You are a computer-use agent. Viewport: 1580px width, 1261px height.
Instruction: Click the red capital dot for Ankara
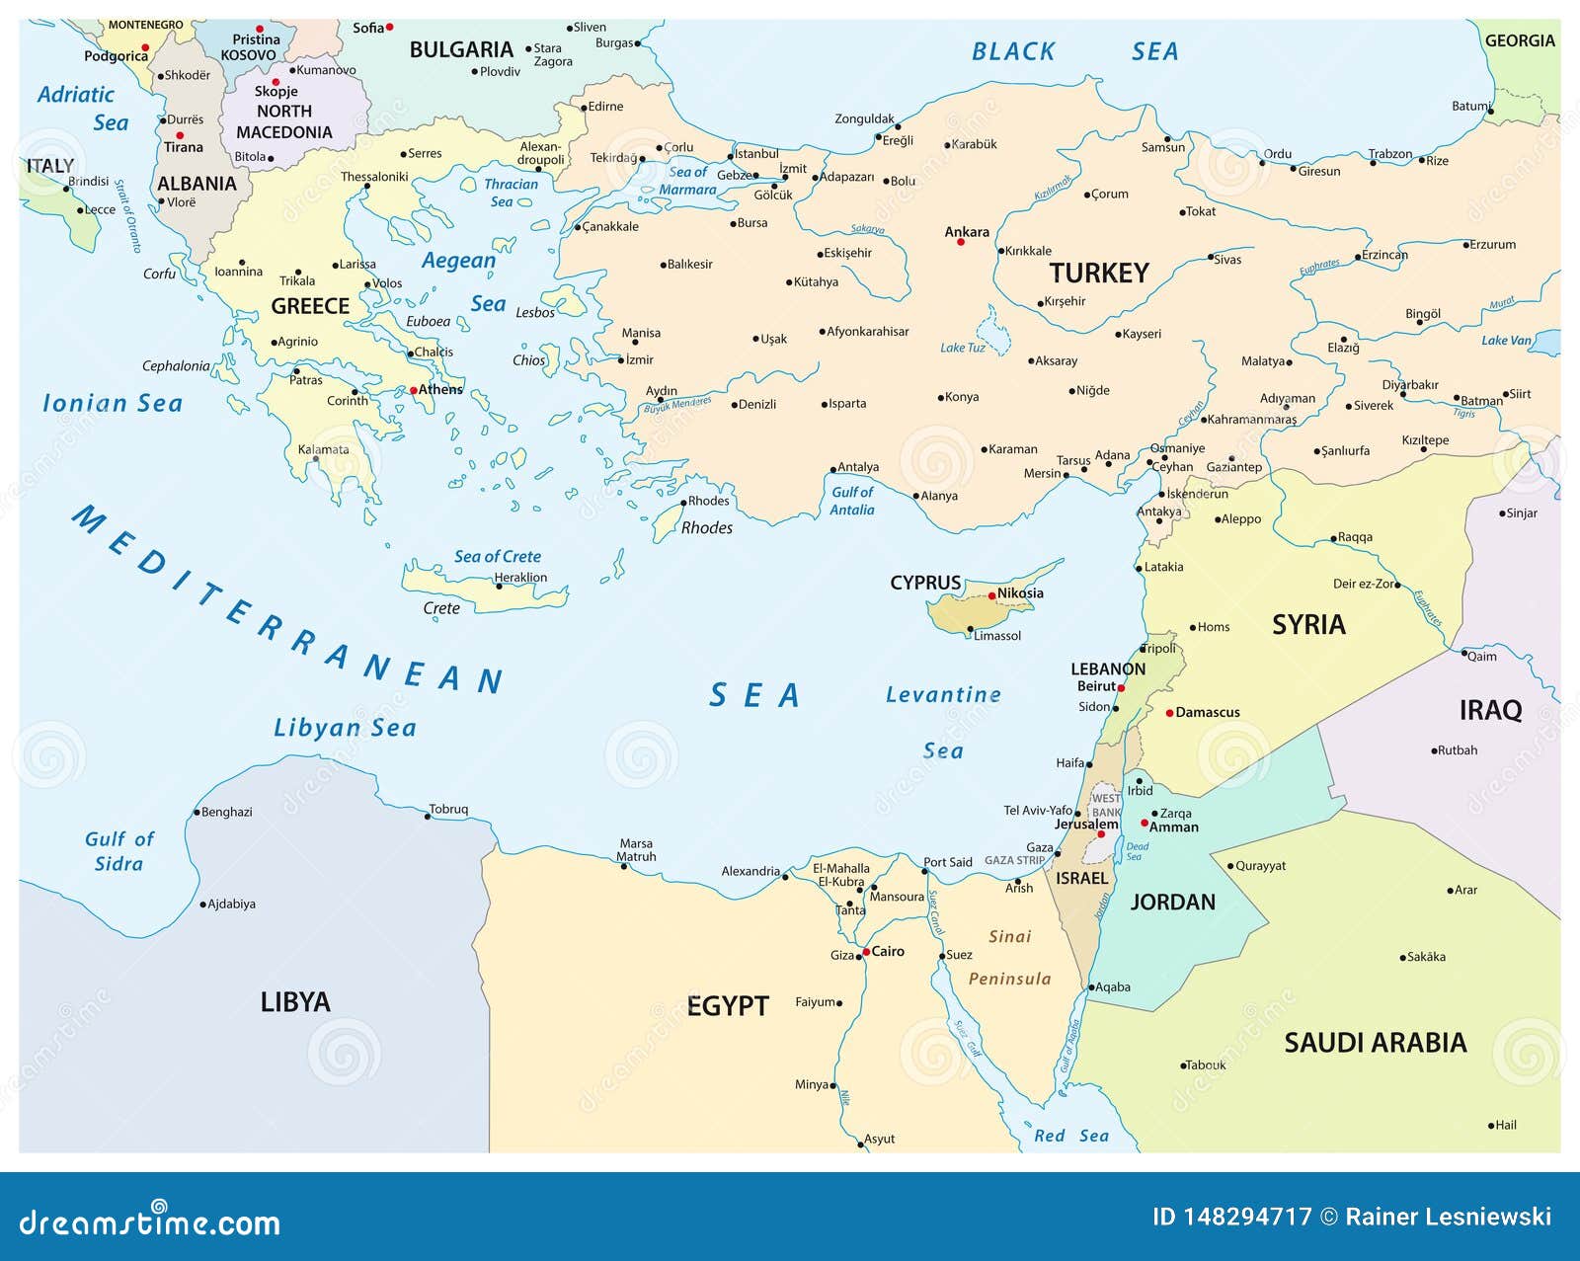(x=960, y=242)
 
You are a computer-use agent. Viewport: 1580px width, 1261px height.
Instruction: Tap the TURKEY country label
(x=1098, y=274)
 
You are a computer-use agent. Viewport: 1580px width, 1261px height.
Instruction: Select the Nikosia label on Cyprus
(x=1020, y=593)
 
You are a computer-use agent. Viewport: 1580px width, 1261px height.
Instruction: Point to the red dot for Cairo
(x=866, y=953)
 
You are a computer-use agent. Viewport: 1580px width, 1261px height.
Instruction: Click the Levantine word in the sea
(x=943, y=695)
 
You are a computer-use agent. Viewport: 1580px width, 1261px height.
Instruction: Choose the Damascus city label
(x=1207, y=712)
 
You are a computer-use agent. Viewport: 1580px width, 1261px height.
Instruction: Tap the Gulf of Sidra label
(x=118, y=851)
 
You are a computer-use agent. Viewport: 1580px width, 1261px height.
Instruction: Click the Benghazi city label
(x=226, y=812)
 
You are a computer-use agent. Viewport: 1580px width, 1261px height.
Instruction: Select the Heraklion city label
(x=520, y=578)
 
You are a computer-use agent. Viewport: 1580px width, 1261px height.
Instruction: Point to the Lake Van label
(x=1506, y=341)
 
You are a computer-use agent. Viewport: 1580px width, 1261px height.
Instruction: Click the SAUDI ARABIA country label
(x=1375, y=1043)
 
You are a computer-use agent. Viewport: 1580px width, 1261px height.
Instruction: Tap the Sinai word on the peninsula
(x=1009, y=936)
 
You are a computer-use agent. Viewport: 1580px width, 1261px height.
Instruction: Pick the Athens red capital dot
(x=413, y=391)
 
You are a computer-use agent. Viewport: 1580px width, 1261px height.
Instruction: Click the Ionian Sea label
(x=113, y=403)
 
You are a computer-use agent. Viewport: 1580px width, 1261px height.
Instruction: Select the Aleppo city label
(x=1241, y=519)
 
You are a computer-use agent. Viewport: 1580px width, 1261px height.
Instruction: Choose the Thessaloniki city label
(x=374, y=177)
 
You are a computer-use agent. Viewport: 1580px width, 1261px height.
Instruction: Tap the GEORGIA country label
(x=1519, y=40)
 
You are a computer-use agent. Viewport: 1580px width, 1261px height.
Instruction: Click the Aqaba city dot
(x=1091, y=987)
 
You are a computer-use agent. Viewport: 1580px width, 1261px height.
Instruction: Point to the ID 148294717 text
(x=1231, y=1217)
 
